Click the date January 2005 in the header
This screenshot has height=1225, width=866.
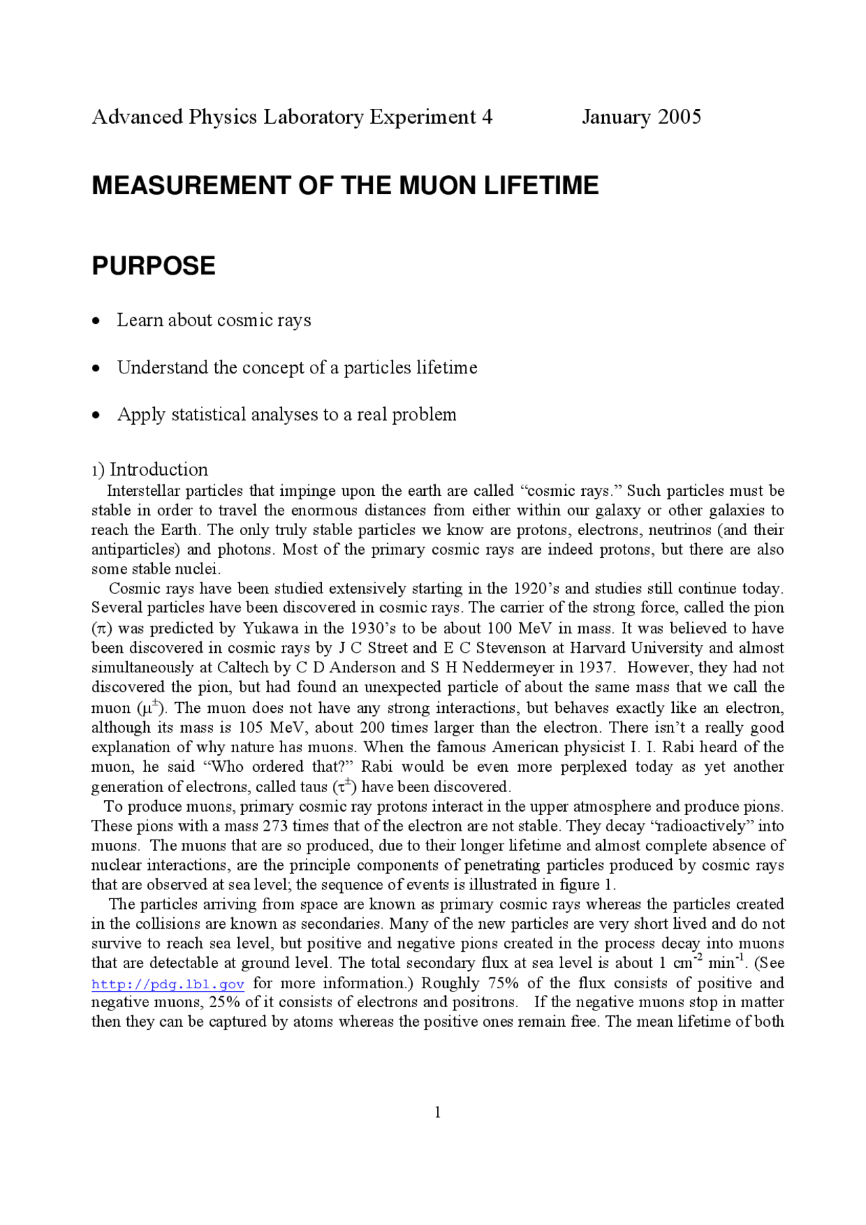[641, 117]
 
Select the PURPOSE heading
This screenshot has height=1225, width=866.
[154, 266]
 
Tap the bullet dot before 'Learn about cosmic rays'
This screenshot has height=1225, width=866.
[97, 321]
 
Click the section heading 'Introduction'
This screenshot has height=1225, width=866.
[158, 469]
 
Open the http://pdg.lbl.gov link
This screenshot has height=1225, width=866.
[168, 984]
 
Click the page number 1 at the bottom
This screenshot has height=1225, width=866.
[438, 1112]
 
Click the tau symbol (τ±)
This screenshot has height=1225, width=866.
[344, 786]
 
